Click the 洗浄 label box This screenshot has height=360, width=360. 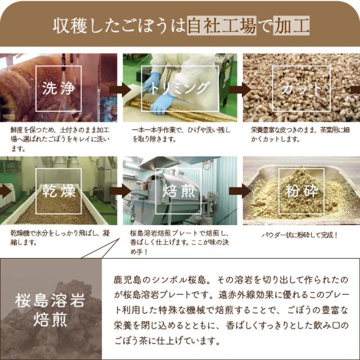[x=58, y=89]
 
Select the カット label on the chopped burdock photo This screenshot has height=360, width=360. [x=301, y=89]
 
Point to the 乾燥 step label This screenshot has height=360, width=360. [x=58, y=191]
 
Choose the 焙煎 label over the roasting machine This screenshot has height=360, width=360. [x=178, y=191]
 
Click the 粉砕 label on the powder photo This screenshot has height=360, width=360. [x=301, y=191]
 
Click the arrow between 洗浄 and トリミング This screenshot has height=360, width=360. [x=120, y=89]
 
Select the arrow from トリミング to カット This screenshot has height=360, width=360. [x=240, y=89]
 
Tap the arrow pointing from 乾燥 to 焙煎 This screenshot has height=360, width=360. [x=120, y=191]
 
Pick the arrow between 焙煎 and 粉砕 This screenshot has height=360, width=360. [x=240, y=191]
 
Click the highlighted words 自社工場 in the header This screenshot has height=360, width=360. [x=222, y=25]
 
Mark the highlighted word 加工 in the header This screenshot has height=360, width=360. [x=291, y=25]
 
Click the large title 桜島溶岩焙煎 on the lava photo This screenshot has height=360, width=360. [x=50, y=310]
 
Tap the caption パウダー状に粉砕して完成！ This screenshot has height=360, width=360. [x=300, y=235]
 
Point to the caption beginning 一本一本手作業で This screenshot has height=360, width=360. [x=181, y=135]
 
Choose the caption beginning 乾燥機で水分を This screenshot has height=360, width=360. [x=60, y=237]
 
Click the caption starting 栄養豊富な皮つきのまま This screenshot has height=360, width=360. [x=300, y=135]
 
